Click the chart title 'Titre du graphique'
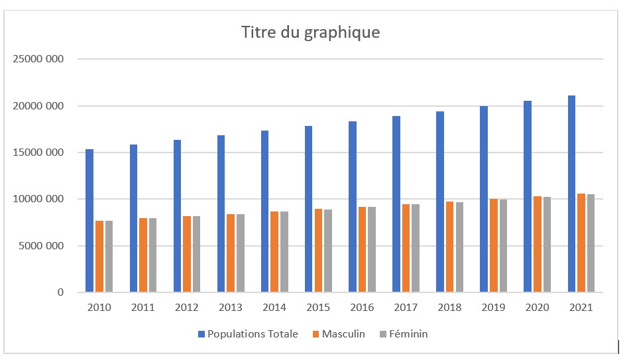310,32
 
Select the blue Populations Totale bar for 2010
89,221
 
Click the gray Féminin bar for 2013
240,253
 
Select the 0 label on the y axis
60,292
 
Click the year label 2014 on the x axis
274,308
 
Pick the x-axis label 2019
494,308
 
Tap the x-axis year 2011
142,308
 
